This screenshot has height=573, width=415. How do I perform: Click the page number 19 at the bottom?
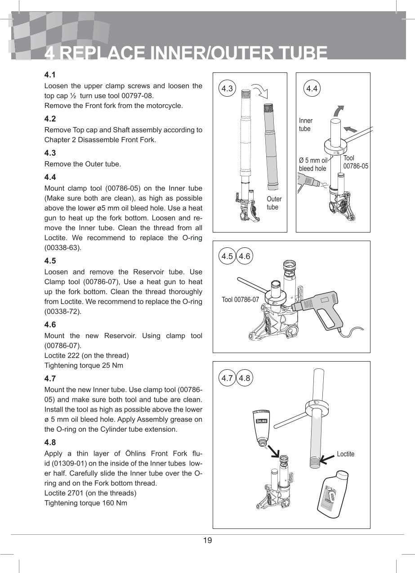(207, 540)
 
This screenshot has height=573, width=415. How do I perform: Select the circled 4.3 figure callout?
(228, 89)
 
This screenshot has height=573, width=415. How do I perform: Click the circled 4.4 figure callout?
(312, 89)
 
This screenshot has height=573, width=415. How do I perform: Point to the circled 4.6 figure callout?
(245, 256)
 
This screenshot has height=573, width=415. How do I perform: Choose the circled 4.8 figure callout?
(245, 378)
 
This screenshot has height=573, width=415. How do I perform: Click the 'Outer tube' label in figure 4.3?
(274, 203)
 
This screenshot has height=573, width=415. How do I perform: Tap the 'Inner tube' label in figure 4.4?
(306, 125)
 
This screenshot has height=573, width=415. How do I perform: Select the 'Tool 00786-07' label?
(241, 300)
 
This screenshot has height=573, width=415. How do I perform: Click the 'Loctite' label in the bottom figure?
(345, 454)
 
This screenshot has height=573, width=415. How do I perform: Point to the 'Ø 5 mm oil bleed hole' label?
(313, 164)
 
